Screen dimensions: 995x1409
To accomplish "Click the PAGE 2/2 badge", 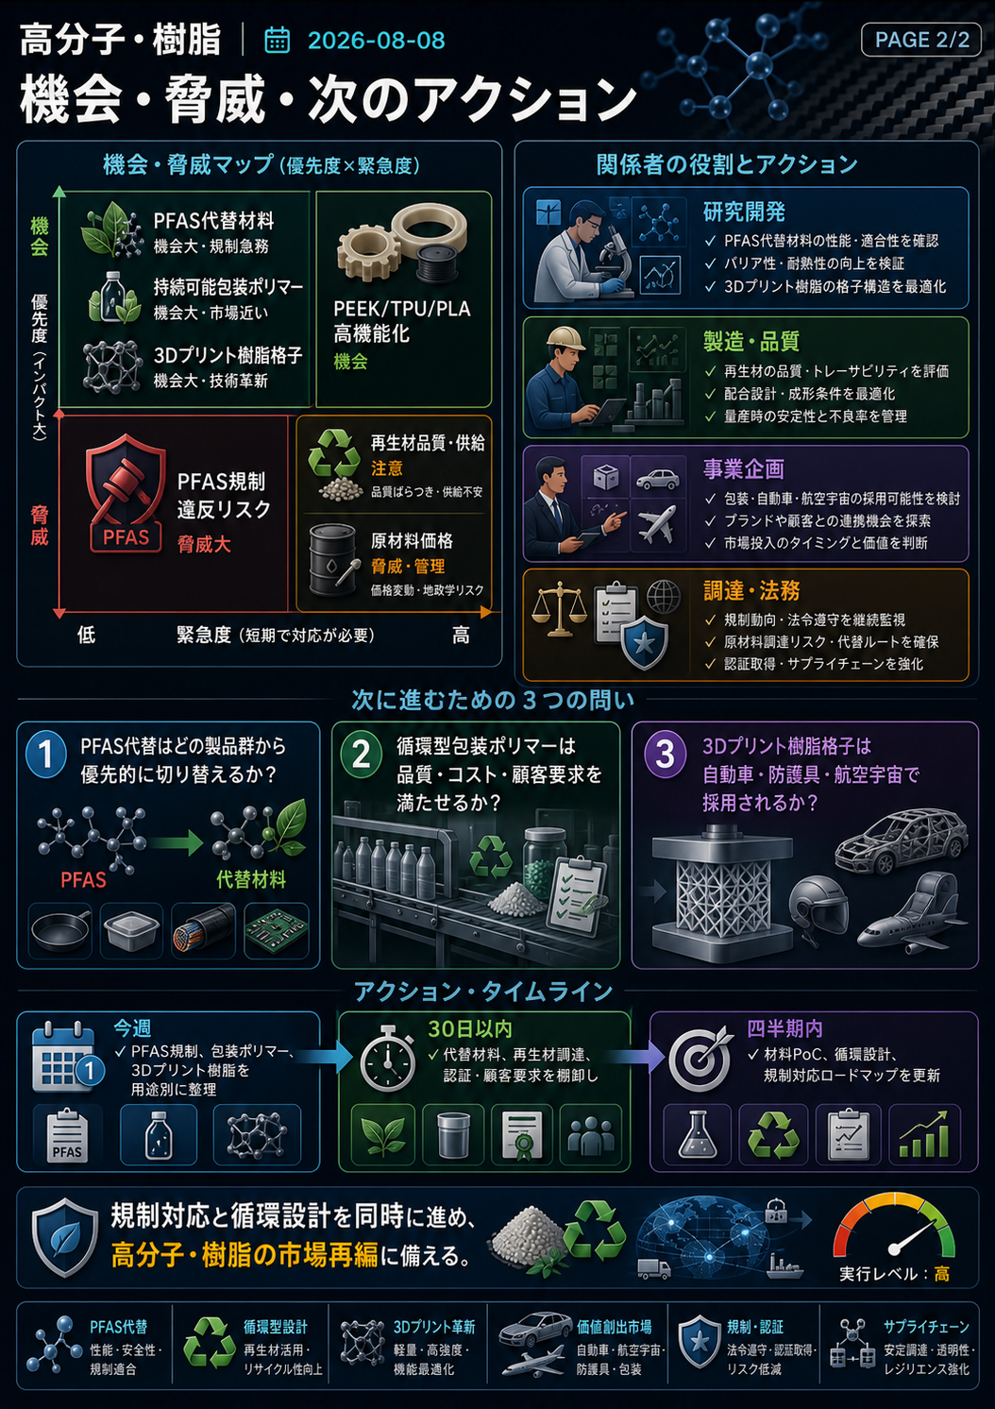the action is pyautogui.click(x=920, y=40).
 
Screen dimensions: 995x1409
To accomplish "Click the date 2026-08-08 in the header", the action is pyautogui.click(x=376, y=41).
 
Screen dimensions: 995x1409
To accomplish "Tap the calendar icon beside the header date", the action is pyautogui.click(x=277, y=41).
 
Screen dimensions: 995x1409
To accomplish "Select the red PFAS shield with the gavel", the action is pyautogui.click(x=126, y=493).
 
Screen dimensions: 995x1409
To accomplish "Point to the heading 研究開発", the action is pyautogui.click(x=744, y=212).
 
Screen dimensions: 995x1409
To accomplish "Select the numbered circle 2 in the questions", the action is pyautogui.click(x=361, y=755).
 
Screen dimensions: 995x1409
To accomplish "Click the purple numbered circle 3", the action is pyautogui.click(x=664, y=755).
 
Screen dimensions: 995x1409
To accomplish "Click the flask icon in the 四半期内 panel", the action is pyautogui.click(x=697, y=1135).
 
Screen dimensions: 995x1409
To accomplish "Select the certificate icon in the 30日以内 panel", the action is pyautogui.click(x=521, y=1134).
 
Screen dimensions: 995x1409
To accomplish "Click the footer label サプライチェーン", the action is pyautogui.click(x=926, y=1327).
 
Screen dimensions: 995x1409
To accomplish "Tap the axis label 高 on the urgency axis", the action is pyautogui.click(x=461, y=636).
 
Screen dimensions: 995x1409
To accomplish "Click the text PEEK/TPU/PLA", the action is pyautogui.click(x=402, y=309).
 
